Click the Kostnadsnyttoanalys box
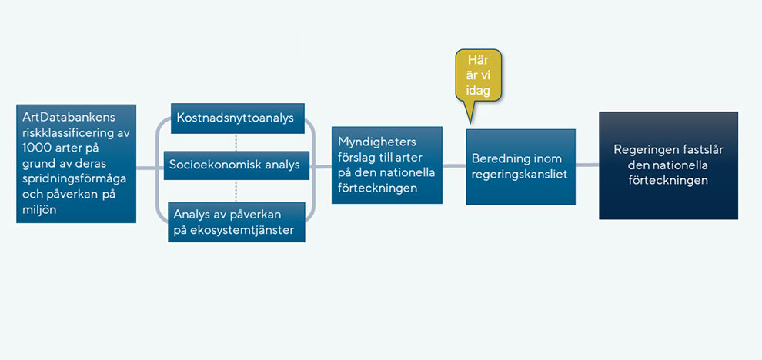(238, 118)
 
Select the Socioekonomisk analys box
(236, 165)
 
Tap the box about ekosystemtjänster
(236, 222)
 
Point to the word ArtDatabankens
(69, 119)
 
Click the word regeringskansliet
(520, 175)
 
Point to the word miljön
(40, 209)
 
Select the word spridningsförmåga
(75, 178)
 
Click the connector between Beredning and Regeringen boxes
(587, 165)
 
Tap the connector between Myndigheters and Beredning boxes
(454, 165)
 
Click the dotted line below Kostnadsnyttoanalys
(236, 142)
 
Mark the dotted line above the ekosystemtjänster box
(236, 191)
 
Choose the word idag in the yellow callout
(478, 90)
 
